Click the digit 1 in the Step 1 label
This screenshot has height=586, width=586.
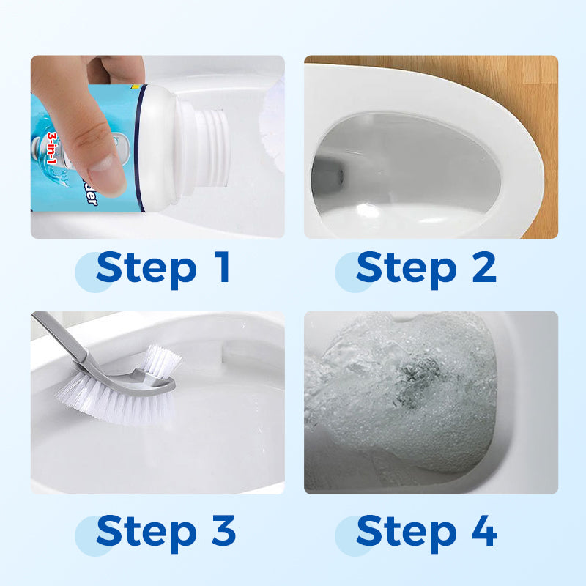220,268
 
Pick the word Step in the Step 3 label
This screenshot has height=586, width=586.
146,533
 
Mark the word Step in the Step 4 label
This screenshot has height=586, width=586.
406,533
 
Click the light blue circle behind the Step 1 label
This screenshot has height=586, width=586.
94,272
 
